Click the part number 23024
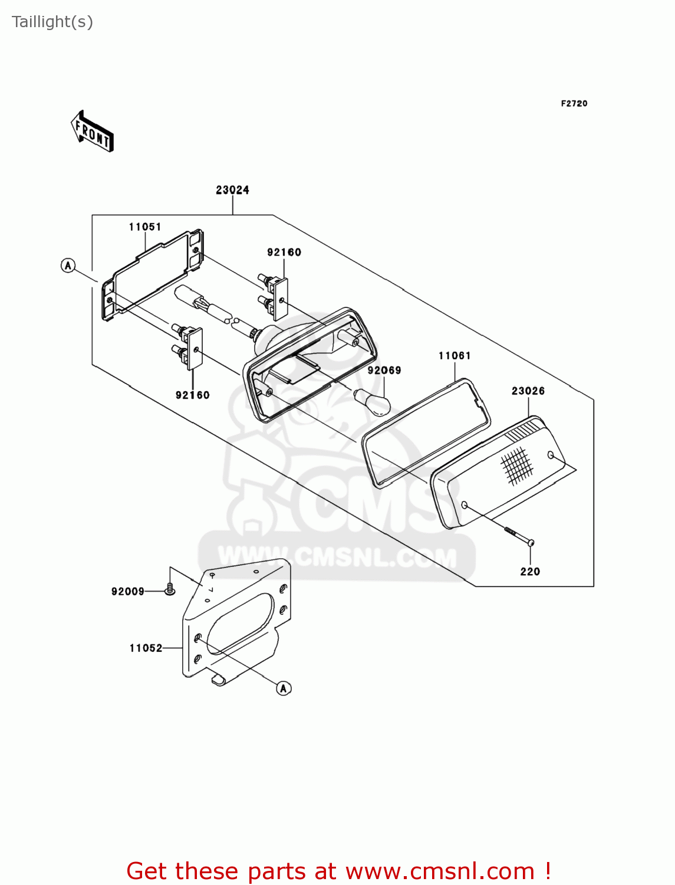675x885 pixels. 232,190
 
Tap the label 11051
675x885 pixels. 145,227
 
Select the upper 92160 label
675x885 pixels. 284,253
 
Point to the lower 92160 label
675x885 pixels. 193,395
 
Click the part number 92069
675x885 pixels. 384,370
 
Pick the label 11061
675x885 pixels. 455,356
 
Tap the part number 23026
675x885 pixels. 528,391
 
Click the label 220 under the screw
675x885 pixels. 530,571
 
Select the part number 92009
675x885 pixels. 128,592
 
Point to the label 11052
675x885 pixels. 146,648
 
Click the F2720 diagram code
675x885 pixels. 574,104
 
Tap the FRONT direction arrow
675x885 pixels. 93,132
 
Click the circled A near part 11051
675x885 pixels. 68,265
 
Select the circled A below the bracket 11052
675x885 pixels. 284,689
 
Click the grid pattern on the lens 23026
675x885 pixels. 517,466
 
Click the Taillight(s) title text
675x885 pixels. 52,22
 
